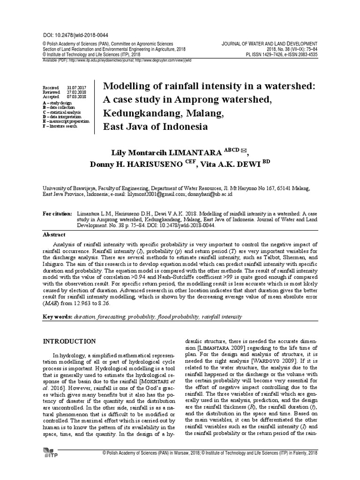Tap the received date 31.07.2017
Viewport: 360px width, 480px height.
[77, 88]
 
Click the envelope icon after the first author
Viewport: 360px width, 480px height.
[242, 152]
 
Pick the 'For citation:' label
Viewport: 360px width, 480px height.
[57, 214]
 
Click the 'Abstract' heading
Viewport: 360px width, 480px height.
[54, 235]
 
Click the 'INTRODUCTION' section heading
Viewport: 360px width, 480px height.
[69, 341]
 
